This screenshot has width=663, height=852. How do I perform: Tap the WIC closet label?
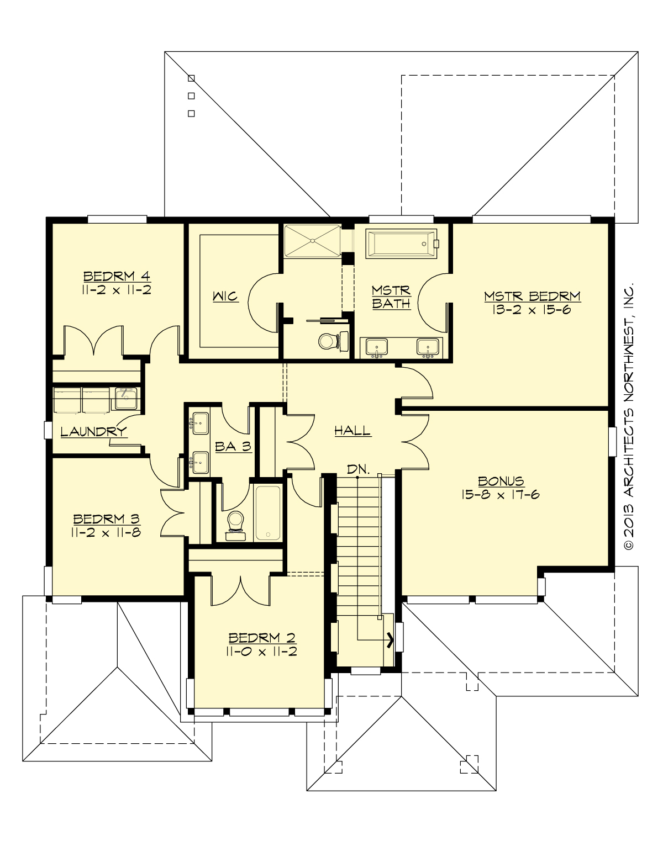225,297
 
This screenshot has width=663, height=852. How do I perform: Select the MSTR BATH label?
391,296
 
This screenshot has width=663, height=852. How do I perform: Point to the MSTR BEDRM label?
532,296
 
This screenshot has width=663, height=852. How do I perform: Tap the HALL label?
352,431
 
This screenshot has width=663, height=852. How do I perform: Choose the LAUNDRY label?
93,432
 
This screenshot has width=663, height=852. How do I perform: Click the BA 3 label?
233,446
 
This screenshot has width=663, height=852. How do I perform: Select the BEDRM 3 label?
107,519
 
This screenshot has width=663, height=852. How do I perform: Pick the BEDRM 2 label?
262,638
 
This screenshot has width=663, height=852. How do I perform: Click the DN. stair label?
358,469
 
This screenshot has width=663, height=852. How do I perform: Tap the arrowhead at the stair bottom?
391,640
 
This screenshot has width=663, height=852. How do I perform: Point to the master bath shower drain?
313,241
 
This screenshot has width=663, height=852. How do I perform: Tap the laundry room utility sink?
126,398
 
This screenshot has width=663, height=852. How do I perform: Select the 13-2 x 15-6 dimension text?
532,310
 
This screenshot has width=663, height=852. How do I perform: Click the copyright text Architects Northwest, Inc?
628,417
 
